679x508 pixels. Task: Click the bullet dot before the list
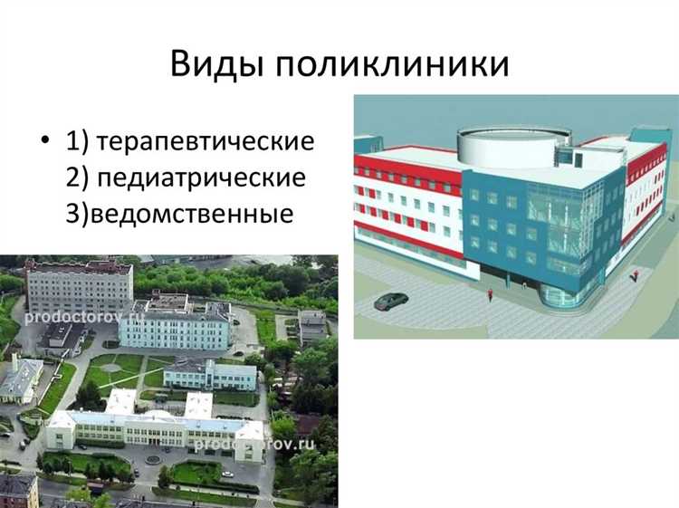coord(43,143)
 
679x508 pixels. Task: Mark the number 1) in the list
coord(76,142)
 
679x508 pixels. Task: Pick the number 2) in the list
coord(76,177)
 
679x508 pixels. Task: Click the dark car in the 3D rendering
coord(390,300)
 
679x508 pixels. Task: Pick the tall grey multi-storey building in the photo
coord(79,286)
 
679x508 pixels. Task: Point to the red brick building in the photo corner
coord(18,490)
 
